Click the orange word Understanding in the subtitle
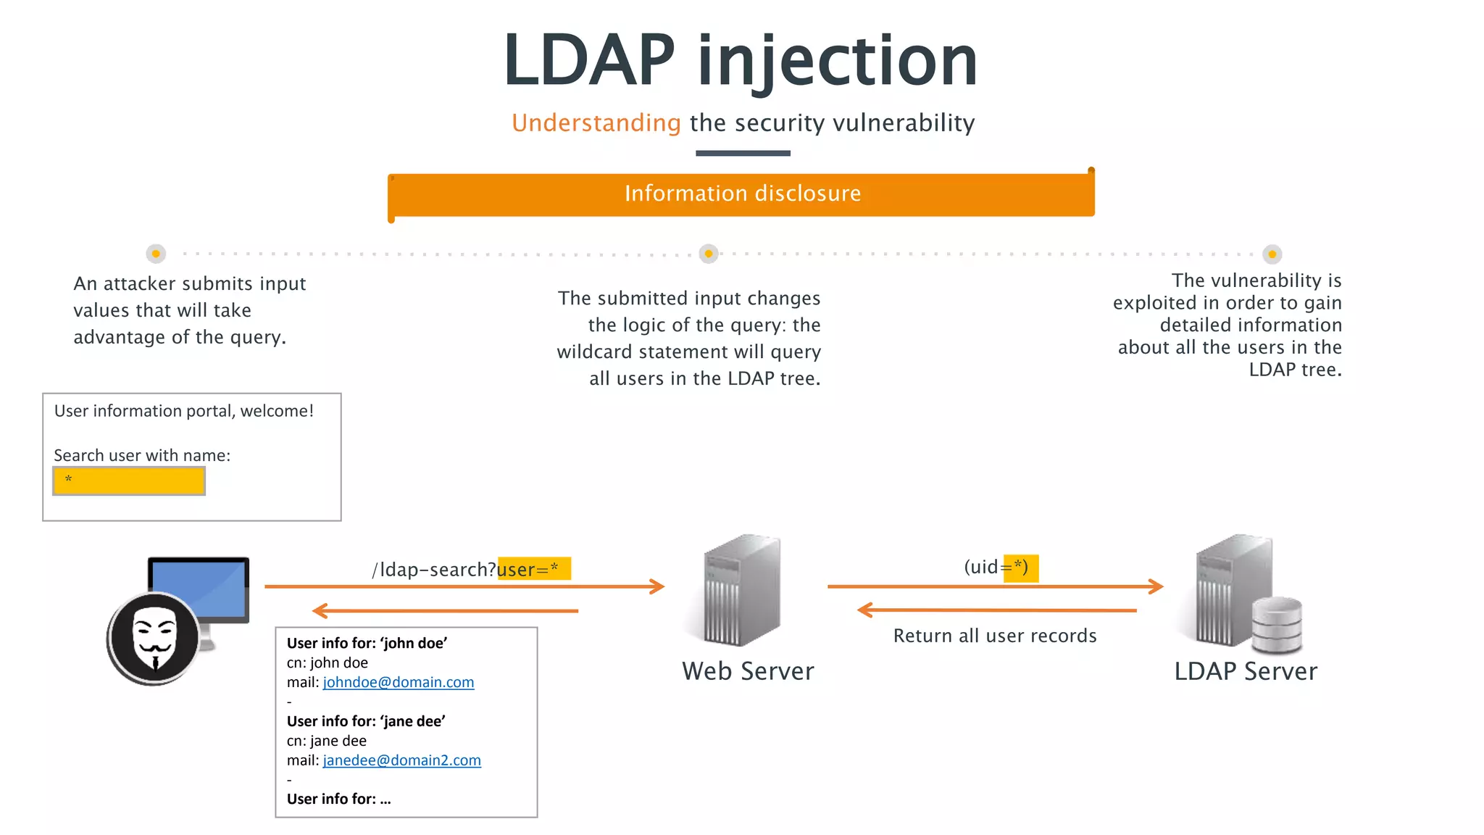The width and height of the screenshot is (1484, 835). [596, 123]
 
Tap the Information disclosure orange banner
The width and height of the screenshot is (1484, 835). [742, 194]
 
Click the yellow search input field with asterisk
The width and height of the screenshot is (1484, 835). [129, 481]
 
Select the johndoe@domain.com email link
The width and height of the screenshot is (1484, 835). [398, 682]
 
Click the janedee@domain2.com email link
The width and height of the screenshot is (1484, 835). [401, 760]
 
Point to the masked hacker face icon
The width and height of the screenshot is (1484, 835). [154, 637]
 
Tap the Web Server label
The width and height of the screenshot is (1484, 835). [747, 671]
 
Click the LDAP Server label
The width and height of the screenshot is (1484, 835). [1245, 671]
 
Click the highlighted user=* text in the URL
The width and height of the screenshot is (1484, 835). [533, 569]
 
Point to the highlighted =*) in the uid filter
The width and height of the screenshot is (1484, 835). [1020, 568]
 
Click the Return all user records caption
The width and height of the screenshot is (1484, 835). [994, 636]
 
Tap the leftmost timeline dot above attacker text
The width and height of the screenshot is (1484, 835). [156, 254]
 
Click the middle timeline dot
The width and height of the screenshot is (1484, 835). [709, 254]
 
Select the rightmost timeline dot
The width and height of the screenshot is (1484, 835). [1272, 254]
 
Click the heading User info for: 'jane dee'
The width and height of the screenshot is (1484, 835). [366, 721]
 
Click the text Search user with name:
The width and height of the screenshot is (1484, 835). [142, 455]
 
